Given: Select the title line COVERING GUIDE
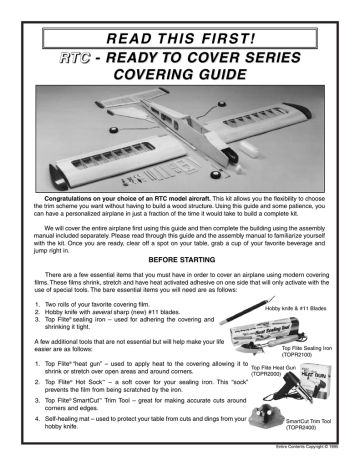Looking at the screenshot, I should pyautogui.click(x=180, y=63).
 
